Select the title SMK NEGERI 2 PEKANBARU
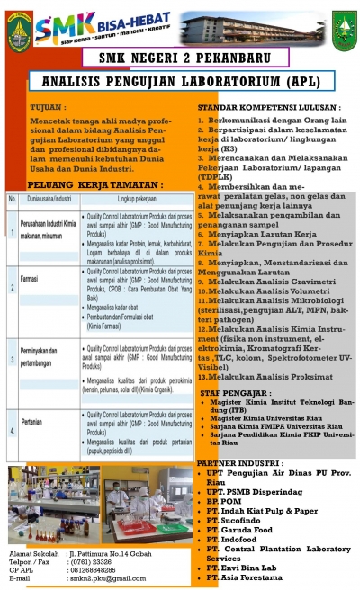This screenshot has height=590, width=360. [179, 61]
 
